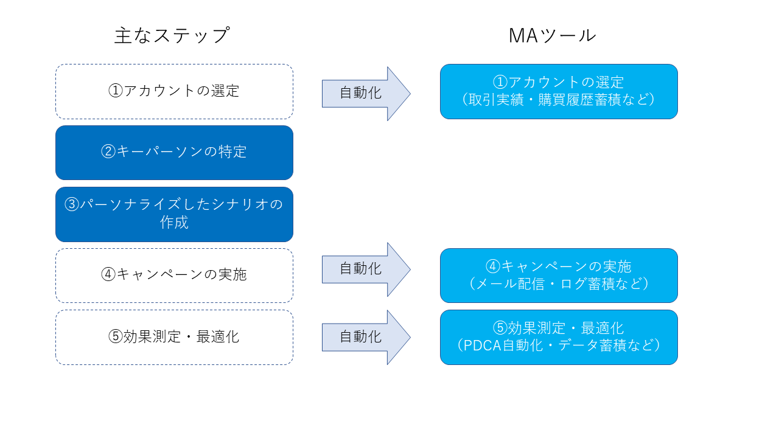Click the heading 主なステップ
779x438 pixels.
coord(172,35)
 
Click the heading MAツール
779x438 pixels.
coord(552,35)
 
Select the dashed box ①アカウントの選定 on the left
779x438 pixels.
coord(174,91)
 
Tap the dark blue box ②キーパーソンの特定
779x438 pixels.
coord(174,152)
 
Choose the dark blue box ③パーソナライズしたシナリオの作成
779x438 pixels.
coord(174,214)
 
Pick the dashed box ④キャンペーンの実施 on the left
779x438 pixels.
coord(174,275)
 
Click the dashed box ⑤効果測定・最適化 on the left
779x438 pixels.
coord(174,337)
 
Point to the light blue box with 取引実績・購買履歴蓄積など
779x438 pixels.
coord(559,91)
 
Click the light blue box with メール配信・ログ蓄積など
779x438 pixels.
coord(559,275)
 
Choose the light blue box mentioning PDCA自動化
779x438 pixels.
coord(559,337)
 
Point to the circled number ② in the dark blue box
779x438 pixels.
coord(108,152)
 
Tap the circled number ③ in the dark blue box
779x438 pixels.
coord(72,205)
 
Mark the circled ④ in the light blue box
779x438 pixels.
coord(492,266)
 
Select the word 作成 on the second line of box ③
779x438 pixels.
coord(174,223)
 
